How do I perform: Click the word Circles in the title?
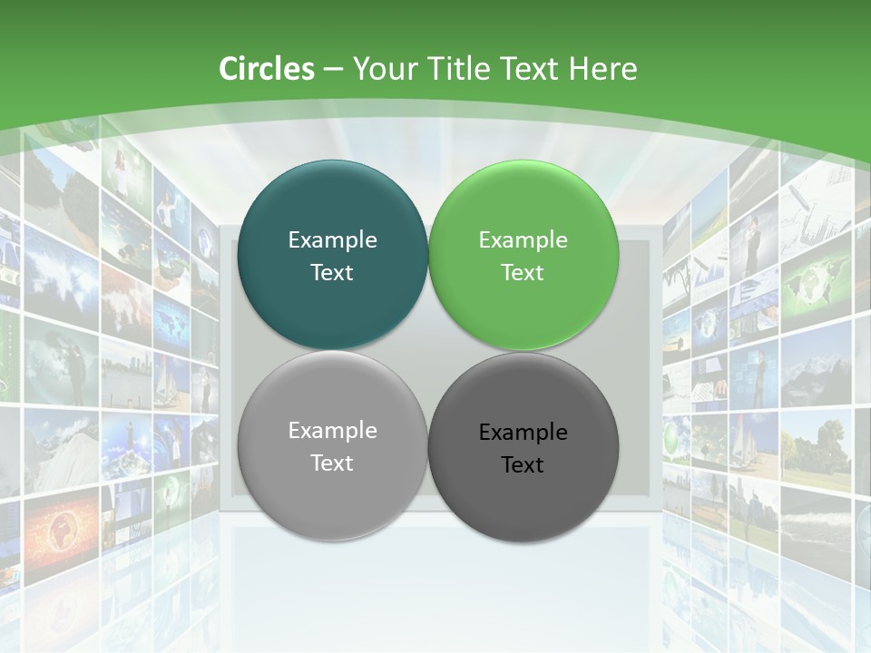click(x=266, y=69)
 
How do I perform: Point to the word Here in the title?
click(x=602, y=69)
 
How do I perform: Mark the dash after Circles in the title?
click(x=333, y=70)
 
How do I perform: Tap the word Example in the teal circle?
click(x=332, y=239)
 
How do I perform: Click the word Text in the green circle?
click(x=523, y=273)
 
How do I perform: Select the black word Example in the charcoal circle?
click(x=523, y=432)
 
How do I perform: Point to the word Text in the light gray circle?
click(x=332, y=463)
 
